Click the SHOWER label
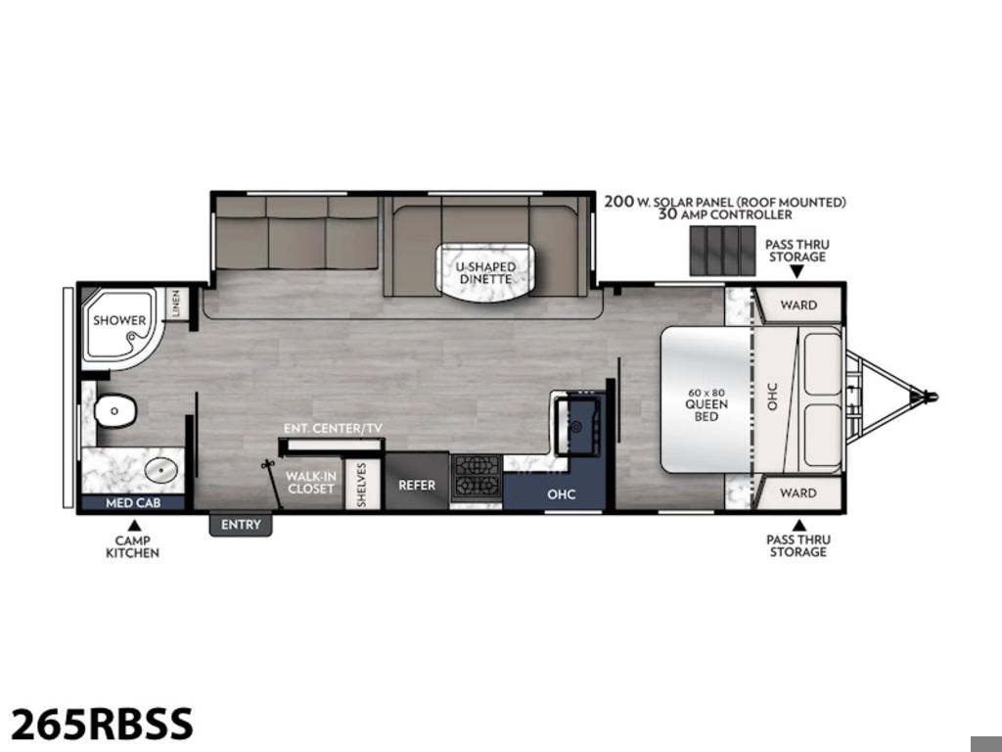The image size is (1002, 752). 119,320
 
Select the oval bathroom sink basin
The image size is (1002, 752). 160,471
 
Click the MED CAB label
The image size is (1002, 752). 133,503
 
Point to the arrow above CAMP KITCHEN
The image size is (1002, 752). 134,526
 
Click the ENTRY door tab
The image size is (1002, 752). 241,525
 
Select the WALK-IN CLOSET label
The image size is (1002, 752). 310,483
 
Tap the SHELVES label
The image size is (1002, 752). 362,484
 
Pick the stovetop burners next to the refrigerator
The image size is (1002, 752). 477,478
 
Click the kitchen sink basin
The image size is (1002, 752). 577,427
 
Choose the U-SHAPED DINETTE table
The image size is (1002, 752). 486,272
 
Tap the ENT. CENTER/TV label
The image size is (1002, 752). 333,428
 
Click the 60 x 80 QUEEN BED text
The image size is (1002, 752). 706,404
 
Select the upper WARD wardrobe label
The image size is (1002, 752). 798,305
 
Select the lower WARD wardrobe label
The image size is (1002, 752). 798,493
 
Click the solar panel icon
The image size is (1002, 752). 722,251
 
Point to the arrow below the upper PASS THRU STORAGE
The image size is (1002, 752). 797,272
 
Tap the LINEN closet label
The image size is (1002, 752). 176,304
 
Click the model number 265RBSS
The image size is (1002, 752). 102,724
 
